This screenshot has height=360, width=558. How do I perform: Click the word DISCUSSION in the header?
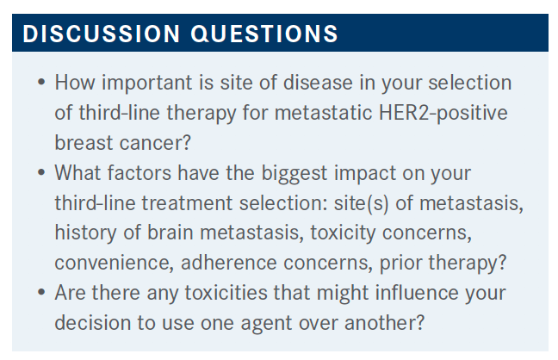[x=102, y=34]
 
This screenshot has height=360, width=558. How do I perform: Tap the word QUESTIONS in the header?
[x=264, y=34]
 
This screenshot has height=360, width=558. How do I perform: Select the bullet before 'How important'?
[x=41, y=83]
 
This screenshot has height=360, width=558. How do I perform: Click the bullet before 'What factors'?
[x=41, y=173]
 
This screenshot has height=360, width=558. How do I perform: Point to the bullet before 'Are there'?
[x=41, y=293]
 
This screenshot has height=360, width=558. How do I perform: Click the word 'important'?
[x=147, y=84]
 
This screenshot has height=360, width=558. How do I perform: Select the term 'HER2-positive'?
[x=443, y=114]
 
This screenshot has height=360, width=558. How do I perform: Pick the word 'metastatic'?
[x=323, y=113]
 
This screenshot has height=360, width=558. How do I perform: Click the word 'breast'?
[x=84, y=143]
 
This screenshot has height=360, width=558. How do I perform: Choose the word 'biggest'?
[x=294, y=174]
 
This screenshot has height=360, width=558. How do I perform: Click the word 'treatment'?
[x=187, y=203]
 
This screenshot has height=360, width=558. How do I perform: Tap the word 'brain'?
[x=170, y=233]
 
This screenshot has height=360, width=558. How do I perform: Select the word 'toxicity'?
[x=343, y=233]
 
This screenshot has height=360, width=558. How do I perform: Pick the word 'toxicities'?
[x=226, y=293]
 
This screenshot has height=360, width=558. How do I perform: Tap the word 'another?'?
[x=384, y=323]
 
